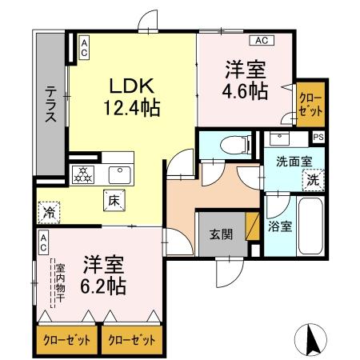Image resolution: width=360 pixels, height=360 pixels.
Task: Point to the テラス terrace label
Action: (x=50, y=104)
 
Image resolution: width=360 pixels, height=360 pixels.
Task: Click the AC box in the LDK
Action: (x=83, y=48)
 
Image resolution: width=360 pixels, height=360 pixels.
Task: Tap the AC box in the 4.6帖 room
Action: (x=261, y=39)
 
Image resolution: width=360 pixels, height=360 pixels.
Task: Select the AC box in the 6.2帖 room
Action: (x=43, y=238)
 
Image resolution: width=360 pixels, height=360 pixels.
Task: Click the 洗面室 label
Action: (x=289, y=162)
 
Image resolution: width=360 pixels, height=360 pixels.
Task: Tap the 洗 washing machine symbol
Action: (x=314, y=179)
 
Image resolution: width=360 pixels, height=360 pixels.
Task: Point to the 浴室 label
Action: (x=281, y=226)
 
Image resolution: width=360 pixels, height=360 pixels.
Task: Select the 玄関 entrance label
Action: (x=221, y=234)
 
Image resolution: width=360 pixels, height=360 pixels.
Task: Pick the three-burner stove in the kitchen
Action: (x=83, y=175)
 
